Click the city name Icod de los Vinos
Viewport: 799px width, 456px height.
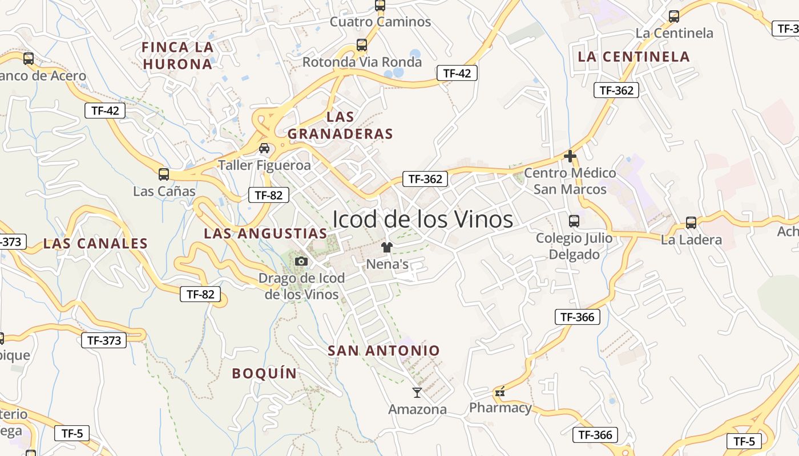422,219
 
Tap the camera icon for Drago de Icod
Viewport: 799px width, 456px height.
301,261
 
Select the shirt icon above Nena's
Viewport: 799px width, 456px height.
387,247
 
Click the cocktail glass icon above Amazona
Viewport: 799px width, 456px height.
417,392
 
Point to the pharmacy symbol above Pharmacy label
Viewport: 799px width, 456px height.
500,392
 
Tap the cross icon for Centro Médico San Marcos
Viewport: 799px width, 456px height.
570,156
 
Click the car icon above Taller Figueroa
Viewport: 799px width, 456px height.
264,148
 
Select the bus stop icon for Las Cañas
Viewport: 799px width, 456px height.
164,174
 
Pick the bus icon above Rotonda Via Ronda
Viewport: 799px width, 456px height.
361,44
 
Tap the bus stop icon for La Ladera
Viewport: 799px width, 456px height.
691,222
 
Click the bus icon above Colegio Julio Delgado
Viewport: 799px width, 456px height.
574,221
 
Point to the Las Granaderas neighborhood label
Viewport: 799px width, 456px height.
341,125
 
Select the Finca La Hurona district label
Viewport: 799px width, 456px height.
177,55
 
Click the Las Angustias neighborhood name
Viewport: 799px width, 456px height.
265,233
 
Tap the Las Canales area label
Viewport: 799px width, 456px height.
95,243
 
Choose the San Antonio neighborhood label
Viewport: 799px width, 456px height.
384,351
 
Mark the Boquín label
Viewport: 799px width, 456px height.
264,373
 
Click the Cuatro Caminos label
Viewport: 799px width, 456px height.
381,22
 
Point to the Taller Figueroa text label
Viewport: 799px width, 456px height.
264,165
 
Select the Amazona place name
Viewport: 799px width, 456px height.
417,409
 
